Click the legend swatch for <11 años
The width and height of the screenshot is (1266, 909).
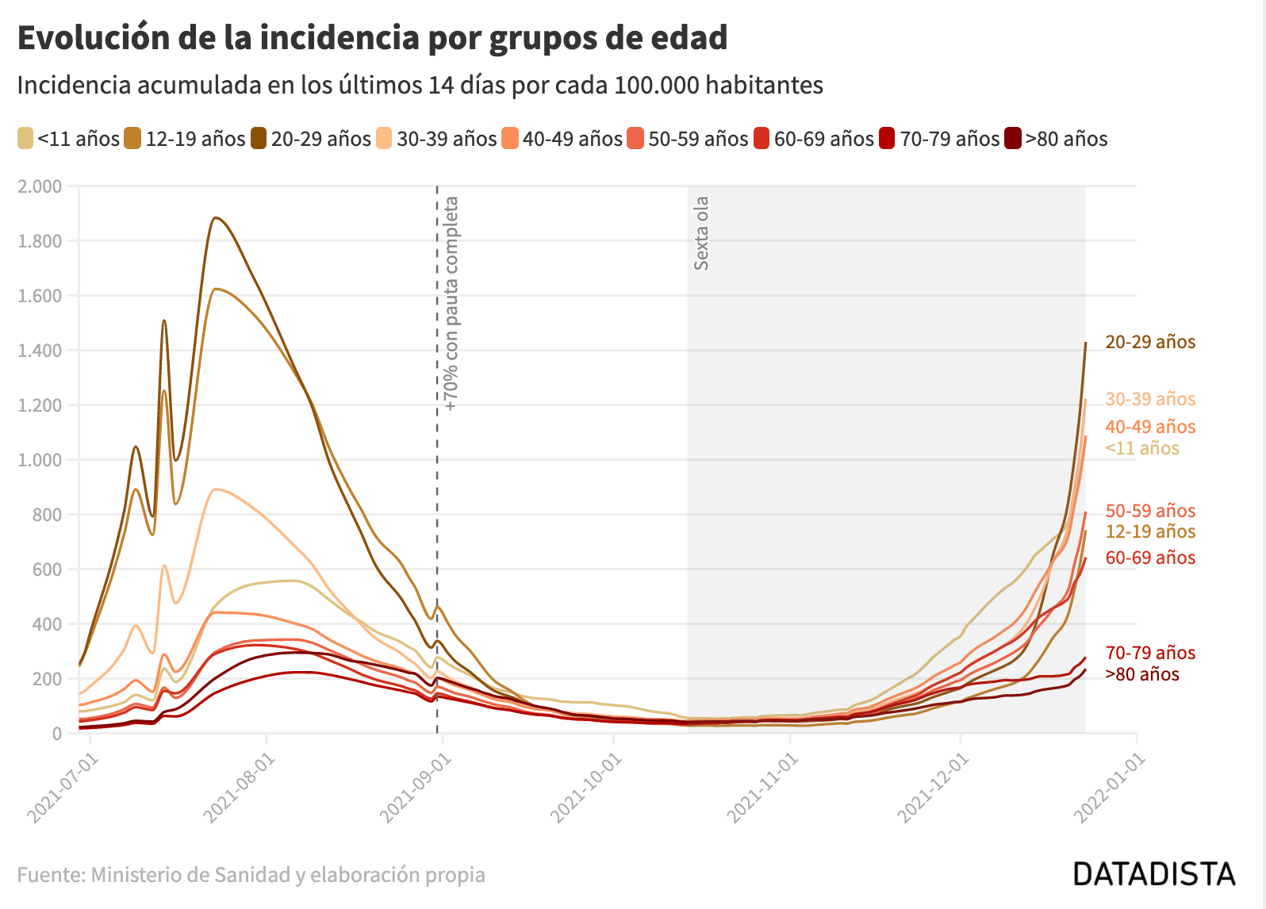[x=25, y=139]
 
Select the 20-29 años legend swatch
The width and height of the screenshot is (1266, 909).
[x=259, y=139]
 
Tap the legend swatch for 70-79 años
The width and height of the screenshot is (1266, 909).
[x=887, y=139]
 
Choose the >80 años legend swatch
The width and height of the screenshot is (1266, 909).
[x=1013, y=139]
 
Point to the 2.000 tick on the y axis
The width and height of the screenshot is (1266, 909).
[x=40, y=186]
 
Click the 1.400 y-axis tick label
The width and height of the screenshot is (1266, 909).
[x=40, y=351]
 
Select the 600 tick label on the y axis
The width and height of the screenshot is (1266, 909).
[x=46, y=570]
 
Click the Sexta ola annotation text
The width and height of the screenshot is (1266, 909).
[x=701, y=233]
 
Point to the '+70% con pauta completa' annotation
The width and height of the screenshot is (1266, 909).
[x=451, y=303]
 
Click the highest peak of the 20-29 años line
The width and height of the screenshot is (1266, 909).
[x=216, y=217]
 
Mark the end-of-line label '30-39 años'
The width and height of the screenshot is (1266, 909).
[x=1150, y=399]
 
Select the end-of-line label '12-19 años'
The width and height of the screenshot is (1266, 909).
[x=1150, y=531]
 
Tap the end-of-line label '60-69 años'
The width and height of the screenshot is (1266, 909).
[x=1150, y=558]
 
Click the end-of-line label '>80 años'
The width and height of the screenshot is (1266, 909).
[x=1142, y=674]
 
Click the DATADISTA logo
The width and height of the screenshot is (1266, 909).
[x=1154, y=874]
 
